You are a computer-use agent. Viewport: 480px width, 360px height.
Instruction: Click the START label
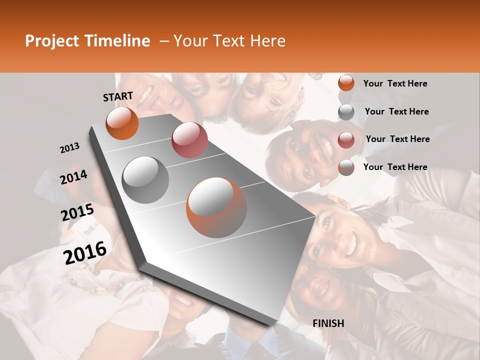pyautogui.click(x=118, y=96)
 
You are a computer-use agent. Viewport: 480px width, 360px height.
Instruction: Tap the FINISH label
pyautogui.click(x=328, y=323)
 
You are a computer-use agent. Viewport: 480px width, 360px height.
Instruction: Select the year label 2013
pyautogui.click(x=70, y=147)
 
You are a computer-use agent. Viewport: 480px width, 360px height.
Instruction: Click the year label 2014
pyautogui.click(x=74, y=177)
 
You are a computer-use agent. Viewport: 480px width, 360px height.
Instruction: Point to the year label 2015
pyautogui.click(x=77, y=212)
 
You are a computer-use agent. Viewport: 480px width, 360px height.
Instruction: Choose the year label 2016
pyautogui.click(x=85, y=252)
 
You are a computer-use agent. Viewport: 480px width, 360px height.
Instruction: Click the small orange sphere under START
pyautogui.click(x=122, y=123)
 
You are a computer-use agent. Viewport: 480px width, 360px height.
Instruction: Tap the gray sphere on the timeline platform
pyautogui.click(x=145, y=179)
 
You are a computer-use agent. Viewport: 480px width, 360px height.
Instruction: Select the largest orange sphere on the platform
pyautogui.click(x=216, y=207)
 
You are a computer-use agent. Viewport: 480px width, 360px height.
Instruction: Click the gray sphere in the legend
pyautogui.click(x=346, y=112)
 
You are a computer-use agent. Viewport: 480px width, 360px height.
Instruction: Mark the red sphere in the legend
pyautogui.click(x=346, y=139)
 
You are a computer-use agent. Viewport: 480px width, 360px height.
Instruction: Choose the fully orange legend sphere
pyautogui.click(x=346, y=83)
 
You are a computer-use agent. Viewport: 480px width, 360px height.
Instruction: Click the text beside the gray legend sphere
pyautogui.click(x=396, y=111)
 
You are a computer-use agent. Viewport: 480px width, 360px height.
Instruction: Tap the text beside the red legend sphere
pyautogui.click(x=397, y=139)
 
